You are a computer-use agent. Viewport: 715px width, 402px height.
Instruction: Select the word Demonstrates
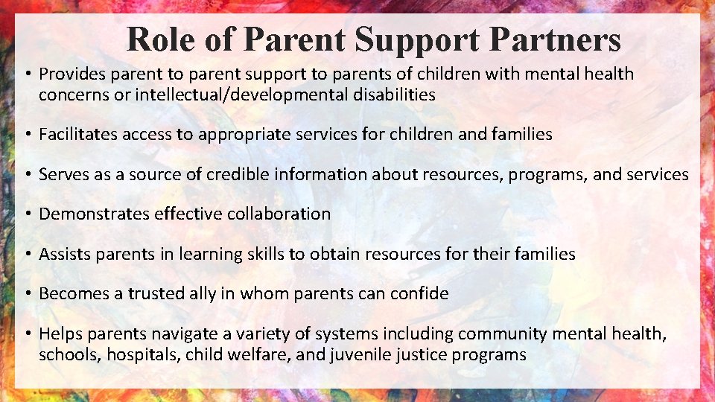[x=94, y=214]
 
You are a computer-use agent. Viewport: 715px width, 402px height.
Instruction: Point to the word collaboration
[x=279, y=214]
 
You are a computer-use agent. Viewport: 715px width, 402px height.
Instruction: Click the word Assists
[x=63, y=254]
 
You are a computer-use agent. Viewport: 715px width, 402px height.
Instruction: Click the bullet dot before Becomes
[x=25, y=294]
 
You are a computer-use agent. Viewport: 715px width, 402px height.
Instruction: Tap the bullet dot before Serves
[x=25, y=175]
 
